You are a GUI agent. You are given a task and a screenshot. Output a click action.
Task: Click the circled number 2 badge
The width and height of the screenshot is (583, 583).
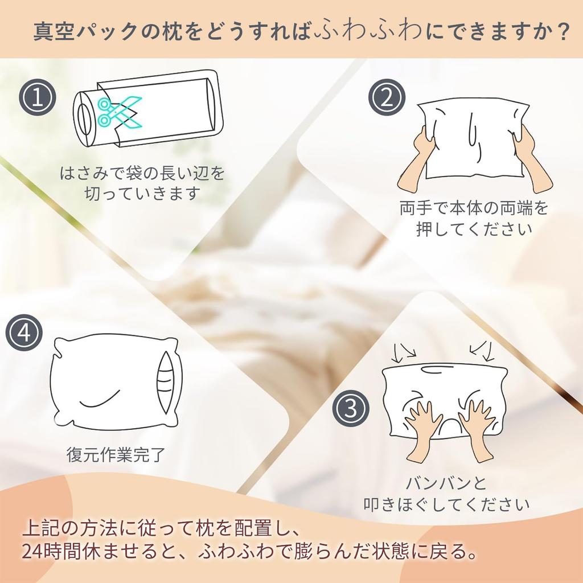pyautogui.click(x=387, y=98)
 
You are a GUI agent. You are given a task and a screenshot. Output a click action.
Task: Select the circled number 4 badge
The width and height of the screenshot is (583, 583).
pyautogui.click(x=24, y=333)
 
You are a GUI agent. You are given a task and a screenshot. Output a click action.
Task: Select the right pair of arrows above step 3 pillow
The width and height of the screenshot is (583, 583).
pyautogui.click(x=481, y=350)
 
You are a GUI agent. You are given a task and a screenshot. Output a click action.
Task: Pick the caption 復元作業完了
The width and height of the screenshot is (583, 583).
pyautogui.click(x=116, y=455)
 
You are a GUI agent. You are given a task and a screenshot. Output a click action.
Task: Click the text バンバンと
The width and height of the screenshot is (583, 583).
pyautogui.click(x=446, y=484)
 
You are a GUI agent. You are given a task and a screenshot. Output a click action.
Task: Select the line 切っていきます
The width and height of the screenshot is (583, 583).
pyautogui.click(x=142, y=194)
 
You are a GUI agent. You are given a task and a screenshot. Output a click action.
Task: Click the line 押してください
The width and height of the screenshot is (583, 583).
pyautogui.click(x=474, y=229)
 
